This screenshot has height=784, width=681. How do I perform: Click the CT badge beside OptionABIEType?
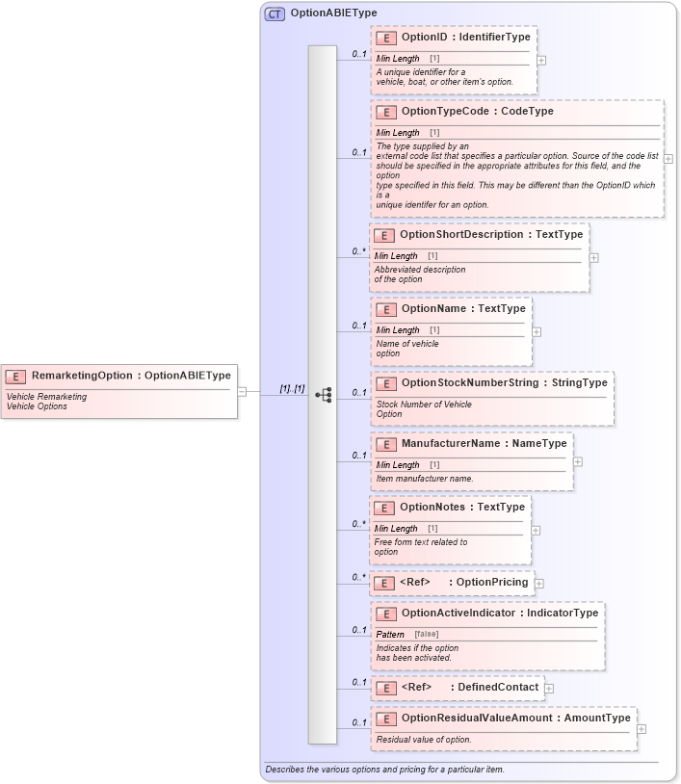(275, 13)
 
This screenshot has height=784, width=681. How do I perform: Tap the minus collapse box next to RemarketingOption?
(243, 391)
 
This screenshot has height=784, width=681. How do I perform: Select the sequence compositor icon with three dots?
(323, 394)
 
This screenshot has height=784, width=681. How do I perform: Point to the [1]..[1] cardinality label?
(292, 388)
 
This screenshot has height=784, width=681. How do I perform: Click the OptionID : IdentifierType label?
(465, 37)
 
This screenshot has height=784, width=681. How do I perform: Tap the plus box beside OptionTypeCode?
(668, 159)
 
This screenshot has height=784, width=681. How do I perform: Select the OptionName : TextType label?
(463, 308)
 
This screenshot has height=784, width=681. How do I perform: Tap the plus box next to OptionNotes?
(536, 530)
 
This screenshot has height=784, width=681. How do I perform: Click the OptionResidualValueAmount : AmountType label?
(515, 718)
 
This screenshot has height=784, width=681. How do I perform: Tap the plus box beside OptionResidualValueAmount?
(642, 728)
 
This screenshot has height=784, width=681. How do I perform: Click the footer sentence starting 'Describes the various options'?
(384, 770)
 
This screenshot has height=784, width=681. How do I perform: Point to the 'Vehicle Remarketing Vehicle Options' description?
(46, 401)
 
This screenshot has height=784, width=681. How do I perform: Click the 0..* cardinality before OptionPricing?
(358, 577)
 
